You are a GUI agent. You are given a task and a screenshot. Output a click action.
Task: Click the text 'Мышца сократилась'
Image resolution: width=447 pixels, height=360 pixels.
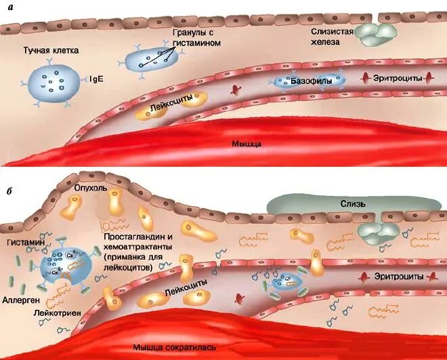click(x=175, y=347)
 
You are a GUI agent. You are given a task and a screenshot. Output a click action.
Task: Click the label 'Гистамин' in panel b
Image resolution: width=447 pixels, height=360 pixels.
click(x=23, y=242)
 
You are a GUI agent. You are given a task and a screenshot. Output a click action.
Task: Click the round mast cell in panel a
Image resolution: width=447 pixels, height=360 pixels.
click(x=55, y=85)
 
